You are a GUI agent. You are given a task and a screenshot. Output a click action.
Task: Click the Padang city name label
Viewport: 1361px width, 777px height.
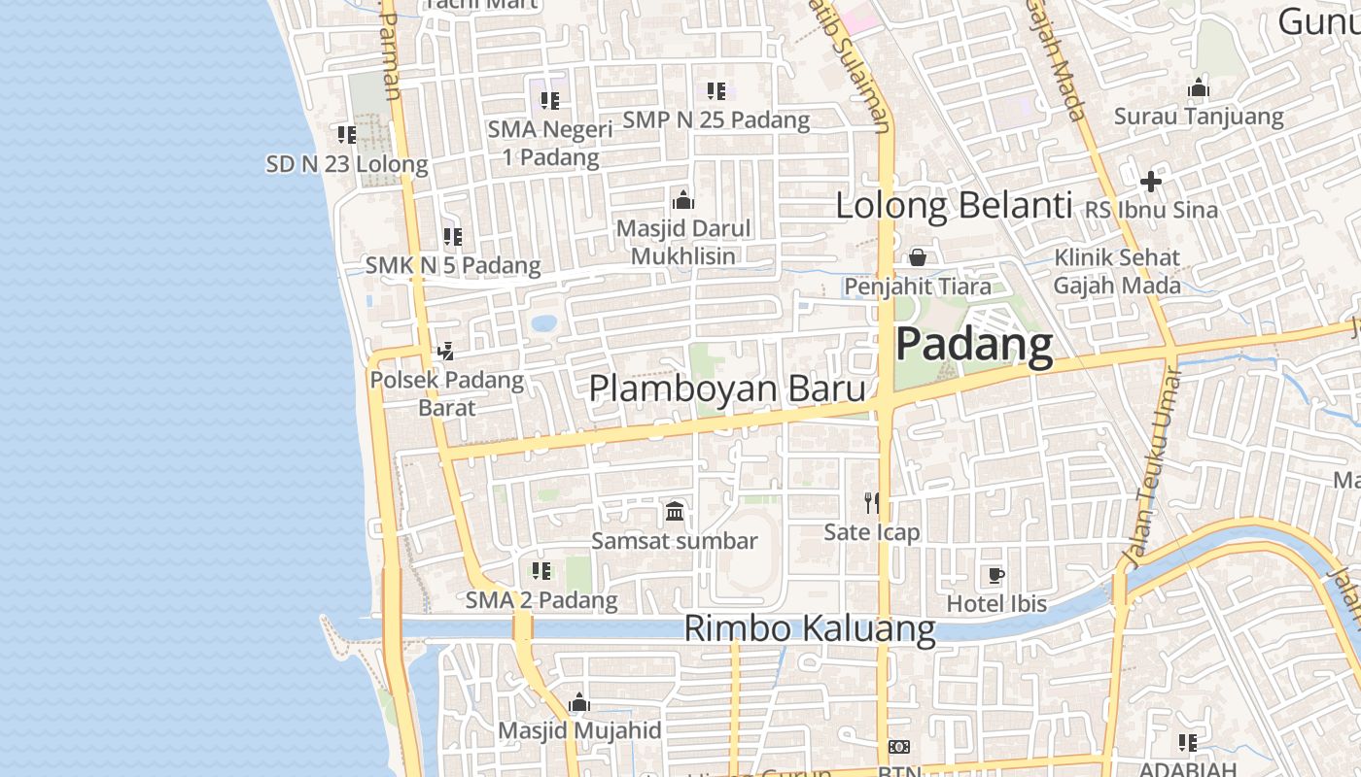point(973,345)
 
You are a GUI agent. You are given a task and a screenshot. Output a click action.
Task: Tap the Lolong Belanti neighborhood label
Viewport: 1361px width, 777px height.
point(954,206)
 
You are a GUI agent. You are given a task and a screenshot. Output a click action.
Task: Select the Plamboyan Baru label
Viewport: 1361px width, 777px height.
point(727,388)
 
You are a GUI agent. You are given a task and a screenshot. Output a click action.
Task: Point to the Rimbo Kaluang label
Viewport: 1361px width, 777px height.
point(810,628)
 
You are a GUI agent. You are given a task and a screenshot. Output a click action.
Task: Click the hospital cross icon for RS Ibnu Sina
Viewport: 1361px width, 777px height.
point(1151,182)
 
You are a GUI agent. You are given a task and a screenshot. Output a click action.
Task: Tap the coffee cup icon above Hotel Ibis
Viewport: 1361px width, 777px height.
point(995,575)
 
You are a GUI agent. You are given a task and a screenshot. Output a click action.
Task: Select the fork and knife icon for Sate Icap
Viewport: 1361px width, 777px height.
point(872,502)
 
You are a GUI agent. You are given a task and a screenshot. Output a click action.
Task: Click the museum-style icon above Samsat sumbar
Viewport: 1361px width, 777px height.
point(675,511)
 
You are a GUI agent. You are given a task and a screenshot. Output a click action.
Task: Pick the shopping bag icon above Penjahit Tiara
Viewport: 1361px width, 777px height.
point(917,257)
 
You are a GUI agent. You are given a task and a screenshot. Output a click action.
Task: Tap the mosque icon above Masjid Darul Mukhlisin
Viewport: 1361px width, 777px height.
point(683,200)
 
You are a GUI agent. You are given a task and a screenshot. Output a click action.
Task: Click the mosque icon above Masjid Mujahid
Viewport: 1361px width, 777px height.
point(579,702)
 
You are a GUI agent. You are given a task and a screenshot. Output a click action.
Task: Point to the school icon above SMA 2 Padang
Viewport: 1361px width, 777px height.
point(541,571)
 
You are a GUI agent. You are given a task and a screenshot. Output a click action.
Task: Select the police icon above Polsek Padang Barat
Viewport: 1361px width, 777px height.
point(446,351)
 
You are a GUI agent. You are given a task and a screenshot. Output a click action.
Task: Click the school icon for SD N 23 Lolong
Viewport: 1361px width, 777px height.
point(347,134)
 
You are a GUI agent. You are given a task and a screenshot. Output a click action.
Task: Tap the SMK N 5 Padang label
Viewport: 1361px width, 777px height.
point(453,265)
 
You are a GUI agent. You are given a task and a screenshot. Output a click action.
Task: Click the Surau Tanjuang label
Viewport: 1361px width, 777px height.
point(1199,117)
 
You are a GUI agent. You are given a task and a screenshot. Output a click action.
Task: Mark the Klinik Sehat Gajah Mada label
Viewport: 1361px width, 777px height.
point(1117,272)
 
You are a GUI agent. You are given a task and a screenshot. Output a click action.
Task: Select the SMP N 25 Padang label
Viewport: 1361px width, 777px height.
point(716,120)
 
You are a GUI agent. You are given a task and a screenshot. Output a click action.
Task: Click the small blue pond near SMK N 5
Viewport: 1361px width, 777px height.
point(544,322)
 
